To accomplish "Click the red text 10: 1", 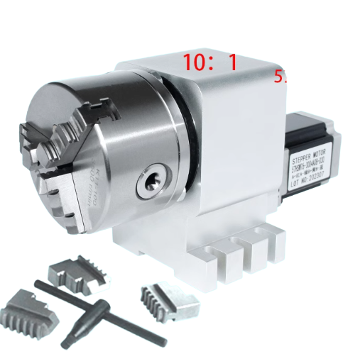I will click(209, 62).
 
